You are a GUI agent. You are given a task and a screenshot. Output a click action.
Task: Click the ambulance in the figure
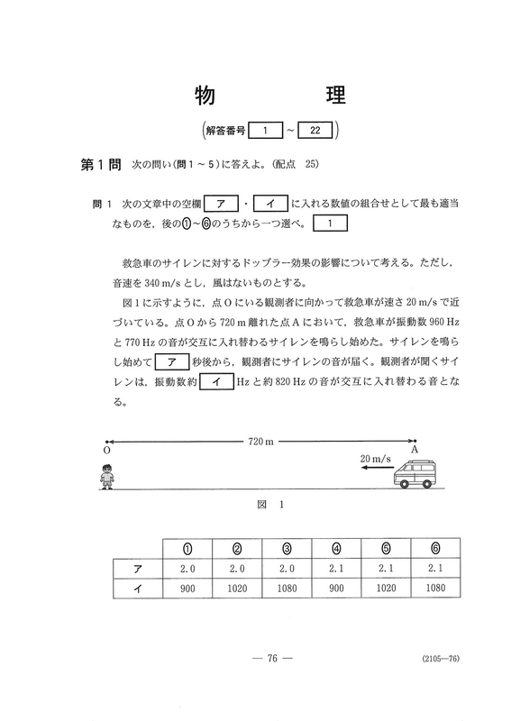coord(416,475)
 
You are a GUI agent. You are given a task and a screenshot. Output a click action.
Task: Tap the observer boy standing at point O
coord(107,475)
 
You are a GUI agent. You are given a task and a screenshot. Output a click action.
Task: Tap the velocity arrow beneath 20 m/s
coord(372,471)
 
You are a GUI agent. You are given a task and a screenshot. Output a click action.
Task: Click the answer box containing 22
coord(315,132)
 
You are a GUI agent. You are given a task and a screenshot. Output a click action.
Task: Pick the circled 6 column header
coord(436,549)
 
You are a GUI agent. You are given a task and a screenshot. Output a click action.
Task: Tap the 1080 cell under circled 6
coord(436,589)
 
